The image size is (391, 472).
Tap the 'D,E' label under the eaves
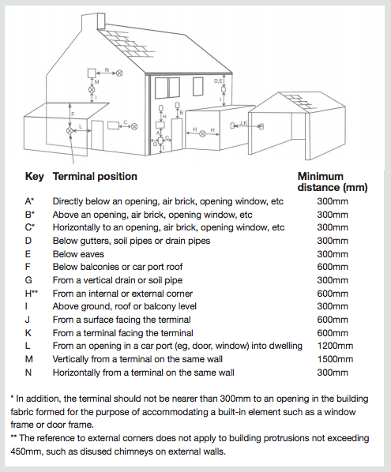point(218,81)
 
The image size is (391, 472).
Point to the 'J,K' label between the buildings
point(243,122)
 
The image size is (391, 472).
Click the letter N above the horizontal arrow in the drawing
point(107,69)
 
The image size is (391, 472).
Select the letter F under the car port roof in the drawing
point(73,114)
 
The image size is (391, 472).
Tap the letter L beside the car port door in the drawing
point(81,126)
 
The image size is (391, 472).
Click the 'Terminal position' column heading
point(95,176)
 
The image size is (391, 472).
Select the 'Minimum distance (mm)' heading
point(333,182)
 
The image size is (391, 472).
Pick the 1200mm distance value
point(335,346)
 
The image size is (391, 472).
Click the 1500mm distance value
point(335,359)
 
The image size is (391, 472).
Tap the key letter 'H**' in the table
point(32,293)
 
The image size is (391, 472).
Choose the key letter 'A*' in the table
point(29,201)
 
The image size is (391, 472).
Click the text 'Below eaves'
point(78,254)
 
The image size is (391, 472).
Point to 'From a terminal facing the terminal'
point(123,333)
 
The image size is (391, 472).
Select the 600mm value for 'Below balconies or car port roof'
point(333,267)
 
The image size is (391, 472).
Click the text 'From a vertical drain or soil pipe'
point(118,280)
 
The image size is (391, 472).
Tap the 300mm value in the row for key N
point(333,373)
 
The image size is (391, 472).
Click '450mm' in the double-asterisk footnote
point(26,451)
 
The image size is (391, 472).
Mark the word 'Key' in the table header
point(34,176)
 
